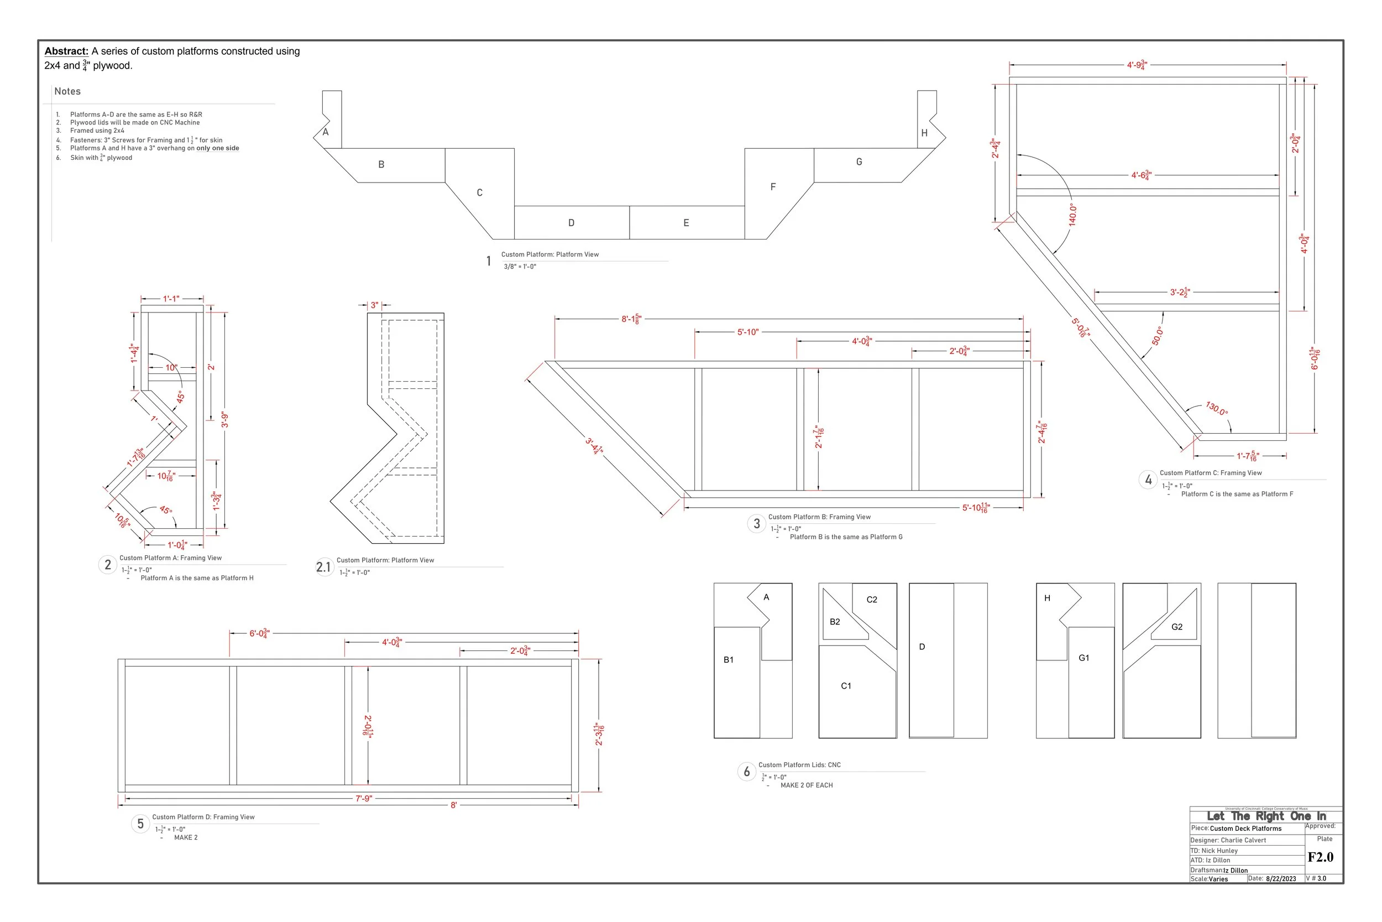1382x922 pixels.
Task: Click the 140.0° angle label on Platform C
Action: tap(1072, 215)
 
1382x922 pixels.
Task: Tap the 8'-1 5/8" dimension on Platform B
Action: tap(632, 319)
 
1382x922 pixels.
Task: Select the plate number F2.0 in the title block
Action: tap(1320, 857)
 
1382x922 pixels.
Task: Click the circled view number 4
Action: tap(1148, 480)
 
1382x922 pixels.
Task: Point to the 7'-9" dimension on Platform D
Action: tap(364, 799)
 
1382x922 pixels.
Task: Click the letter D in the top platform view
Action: tap(571, 223)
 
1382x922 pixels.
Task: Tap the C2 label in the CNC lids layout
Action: tap(872, 600)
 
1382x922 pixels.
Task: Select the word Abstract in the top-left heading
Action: tap(66, 51)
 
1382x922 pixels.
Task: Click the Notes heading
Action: tap(67, 91)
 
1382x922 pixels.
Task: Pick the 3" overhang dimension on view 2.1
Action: tap(374, 305)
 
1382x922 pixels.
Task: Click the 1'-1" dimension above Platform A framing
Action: tap(171, 299)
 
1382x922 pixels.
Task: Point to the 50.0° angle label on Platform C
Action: tap(1157, 336)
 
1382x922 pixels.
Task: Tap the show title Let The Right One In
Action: tap(1266, 816)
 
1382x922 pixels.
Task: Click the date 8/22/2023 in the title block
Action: tap(1281, 879)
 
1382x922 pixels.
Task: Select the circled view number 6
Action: tap(747, 772)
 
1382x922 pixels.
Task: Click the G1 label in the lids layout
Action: tap(1084, 658)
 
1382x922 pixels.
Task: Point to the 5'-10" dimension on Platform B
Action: tap(748, 332)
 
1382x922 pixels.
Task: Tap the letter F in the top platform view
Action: tap(773, 187)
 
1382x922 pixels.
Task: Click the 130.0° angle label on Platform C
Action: tap(1216, 408)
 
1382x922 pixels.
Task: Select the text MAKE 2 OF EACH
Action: tap(806, 785)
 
